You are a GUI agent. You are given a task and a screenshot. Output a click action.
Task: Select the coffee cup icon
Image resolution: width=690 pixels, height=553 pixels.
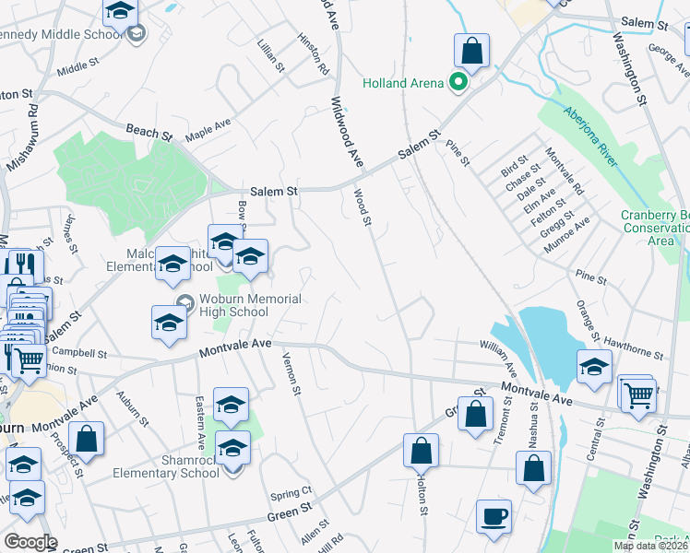point(494,515)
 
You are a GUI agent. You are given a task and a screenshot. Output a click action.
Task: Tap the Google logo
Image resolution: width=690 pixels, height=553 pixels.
point(30,542)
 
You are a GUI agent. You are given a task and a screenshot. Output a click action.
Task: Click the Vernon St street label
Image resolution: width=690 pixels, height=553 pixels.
point(292,374)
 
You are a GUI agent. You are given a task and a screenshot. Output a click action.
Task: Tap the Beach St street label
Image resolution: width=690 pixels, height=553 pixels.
point(149,133)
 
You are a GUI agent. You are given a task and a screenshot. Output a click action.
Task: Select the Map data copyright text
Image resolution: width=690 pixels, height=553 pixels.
point(651,546)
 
